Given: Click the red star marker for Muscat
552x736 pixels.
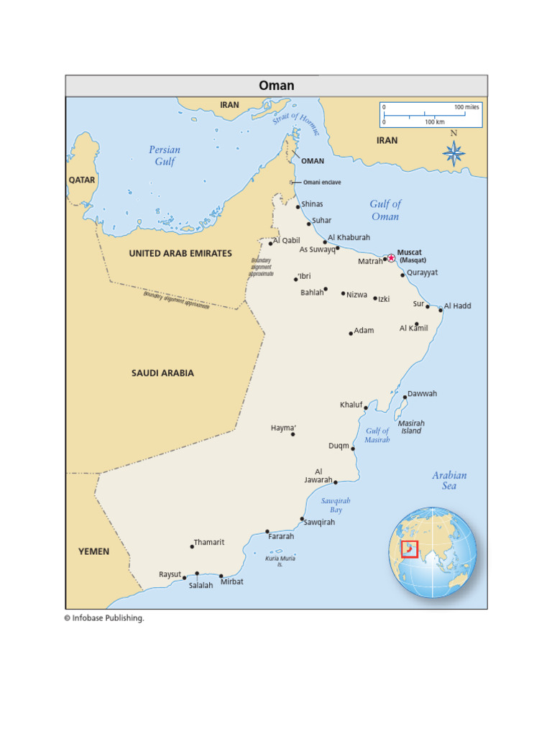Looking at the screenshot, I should click(x=391, y=258).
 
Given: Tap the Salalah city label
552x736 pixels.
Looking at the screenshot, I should click(x=201, y=586).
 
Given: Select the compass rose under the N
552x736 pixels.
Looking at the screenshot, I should click(x=454, y=153).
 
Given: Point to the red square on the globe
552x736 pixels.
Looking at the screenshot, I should click(x=410, y=548).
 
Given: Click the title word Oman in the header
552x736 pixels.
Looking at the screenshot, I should click(x=277, y=86).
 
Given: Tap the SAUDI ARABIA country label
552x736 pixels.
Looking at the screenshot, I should click(x=162, y=373).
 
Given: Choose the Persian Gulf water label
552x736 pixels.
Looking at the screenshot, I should click(x=165, y=155).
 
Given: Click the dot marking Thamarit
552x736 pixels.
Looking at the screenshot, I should click(x=192, y=547).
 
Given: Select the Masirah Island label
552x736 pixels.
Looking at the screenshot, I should click(x=411, y=427).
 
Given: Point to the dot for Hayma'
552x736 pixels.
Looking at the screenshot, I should click(x=293, y=434).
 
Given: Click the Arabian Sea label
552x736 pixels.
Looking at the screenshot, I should click(x=449, y=480).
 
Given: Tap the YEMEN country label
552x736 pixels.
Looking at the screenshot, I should click(x=94, y=551).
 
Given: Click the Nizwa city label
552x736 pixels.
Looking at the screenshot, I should click(x=356, y=295).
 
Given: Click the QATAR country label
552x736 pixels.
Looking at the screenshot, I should click(x=82, y=180).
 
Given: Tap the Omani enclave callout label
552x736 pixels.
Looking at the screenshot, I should click(x=322, y=183).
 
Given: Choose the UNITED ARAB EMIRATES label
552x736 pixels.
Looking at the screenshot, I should click(x=180, y=253).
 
